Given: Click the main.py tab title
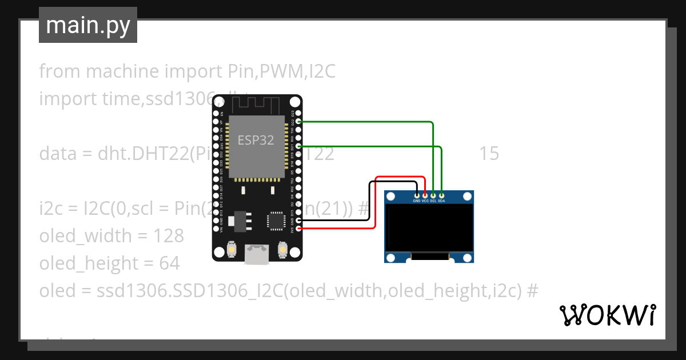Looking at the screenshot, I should pos(88,25).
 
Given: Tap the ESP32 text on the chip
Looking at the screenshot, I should pos(256,141).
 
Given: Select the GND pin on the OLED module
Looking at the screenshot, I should pos(417,195).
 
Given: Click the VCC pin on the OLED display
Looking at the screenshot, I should pos(425,195).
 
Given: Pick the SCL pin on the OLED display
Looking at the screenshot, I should pos(433,195).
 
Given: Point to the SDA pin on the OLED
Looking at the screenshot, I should pos(441,195).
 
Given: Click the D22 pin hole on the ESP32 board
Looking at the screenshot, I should pos(294,122).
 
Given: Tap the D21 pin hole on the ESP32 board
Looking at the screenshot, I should pos(294,146).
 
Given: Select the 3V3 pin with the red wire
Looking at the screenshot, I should pos(294,229).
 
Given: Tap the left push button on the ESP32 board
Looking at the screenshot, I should pos(232,250).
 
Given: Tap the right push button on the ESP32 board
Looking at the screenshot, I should pos(282,250).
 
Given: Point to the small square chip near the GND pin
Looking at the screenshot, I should pos(276,220).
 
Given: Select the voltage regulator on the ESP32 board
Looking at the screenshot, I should pos(238,221).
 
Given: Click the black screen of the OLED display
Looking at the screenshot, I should pos(429,229).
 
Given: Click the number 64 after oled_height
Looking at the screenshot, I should pos(170,263).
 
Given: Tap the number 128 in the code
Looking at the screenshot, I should pos(169,236).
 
